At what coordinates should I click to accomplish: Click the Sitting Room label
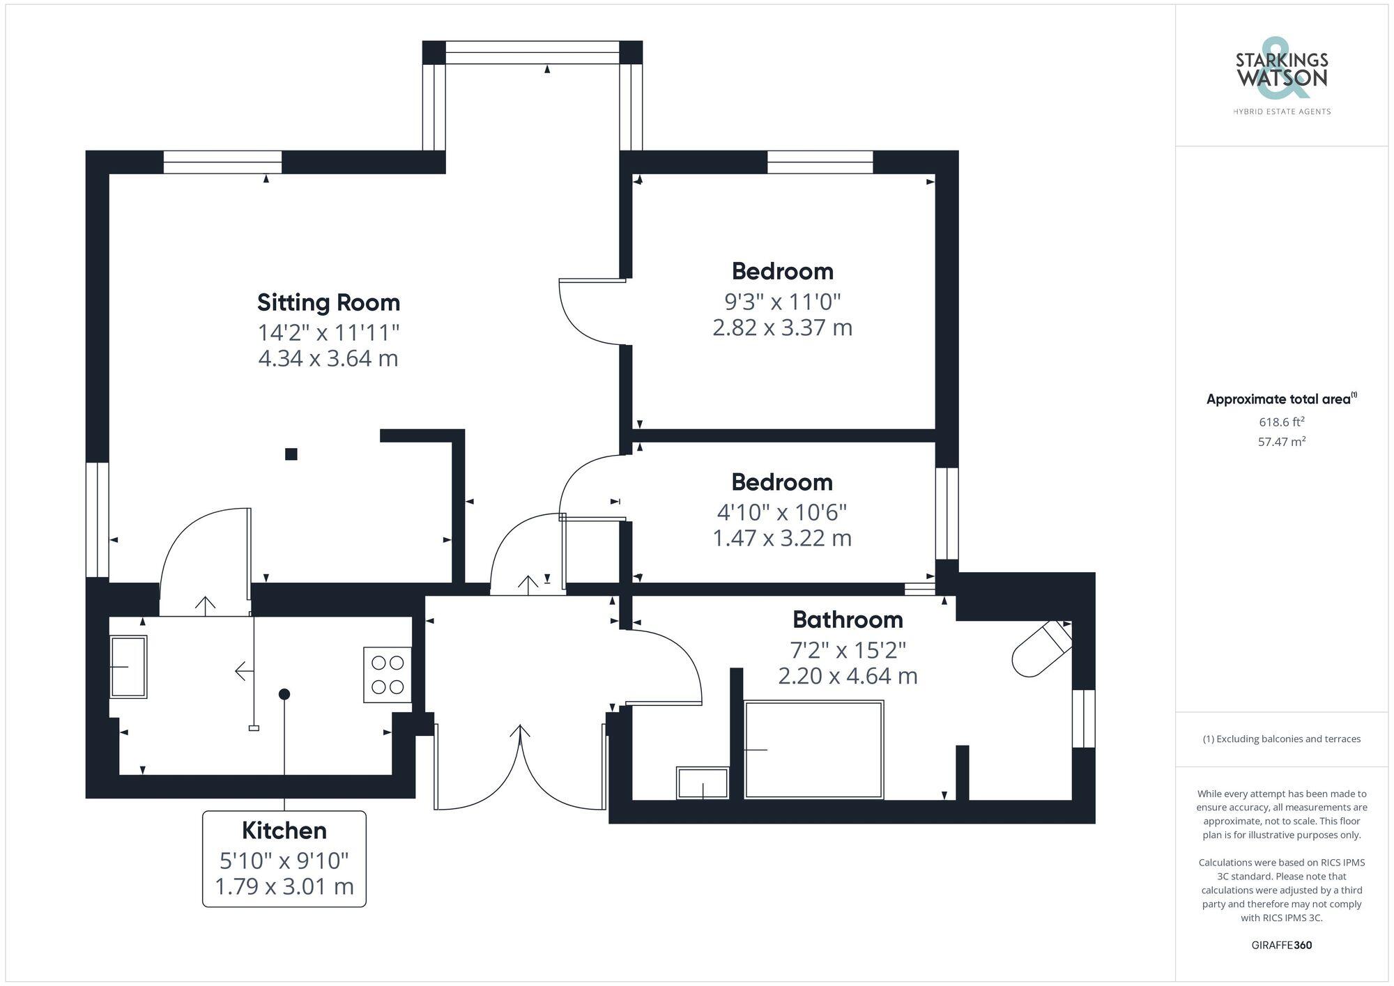[x=328, y=302]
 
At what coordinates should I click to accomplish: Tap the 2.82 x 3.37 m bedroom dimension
[x=782, y=328]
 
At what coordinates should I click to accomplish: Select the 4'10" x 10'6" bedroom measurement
[x=782, y=512]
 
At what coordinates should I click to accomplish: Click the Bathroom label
[x=848, y=619]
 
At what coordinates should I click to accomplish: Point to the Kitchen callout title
[x=284, y=831]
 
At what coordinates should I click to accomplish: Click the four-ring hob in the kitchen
[x=388, y=675]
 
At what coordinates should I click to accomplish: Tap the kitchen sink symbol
[x=128, y=667]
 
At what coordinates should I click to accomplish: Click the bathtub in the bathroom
[x=813, y=750]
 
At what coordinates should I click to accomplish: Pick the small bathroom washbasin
[x=703, y=783]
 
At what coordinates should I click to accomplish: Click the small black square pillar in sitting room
[x=291, y=454]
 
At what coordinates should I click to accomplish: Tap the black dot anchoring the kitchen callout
[x=284, y=694]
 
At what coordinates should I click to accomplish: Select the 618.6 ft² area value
[x=1281, y=422]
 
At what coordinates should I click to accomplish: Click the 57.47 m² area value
[x=1281, y=441]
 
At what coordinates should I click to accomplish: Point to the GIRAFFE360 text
[x=1281, y=946]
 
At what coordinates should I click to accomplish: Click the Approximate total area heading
[x=1281, y=399]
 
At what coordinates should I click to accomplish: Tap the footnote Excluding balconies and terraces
[x=1281, y=739]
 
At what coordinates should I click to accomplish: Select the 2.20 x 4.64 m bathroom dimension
[x=848, y=676]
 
